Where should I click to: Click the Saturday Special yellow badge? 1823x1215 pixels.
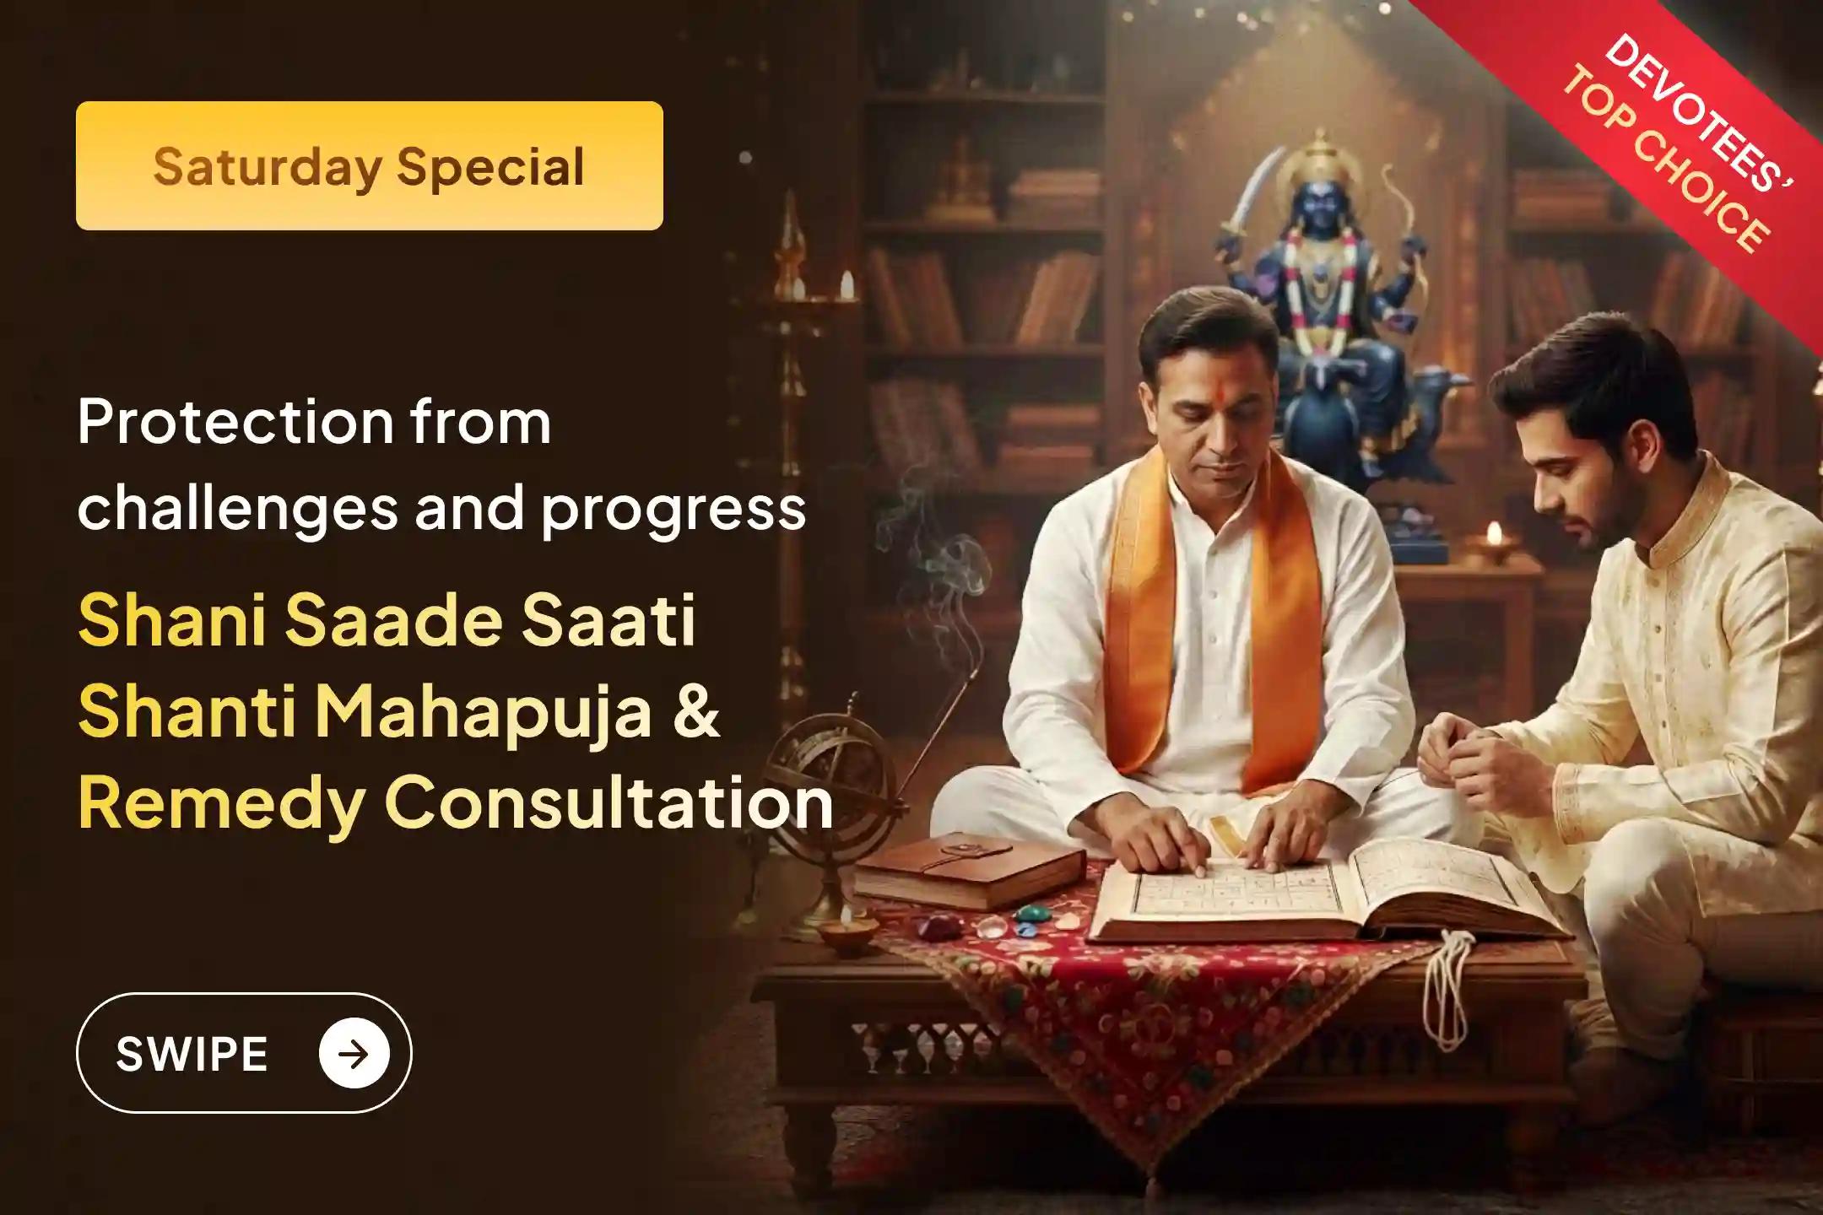click(x=369, y=165)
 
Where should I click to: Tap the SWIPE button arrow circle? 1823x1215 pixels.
click(x=354, y=1053)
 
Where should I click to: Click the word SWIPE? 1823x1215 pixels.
click(x=192, y=1054)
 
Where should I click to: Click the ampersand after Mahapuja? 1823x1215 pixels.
click(x=697, y=711)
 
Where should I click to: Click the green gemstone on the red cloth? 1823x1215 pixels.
click(x=1034, y=914)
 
